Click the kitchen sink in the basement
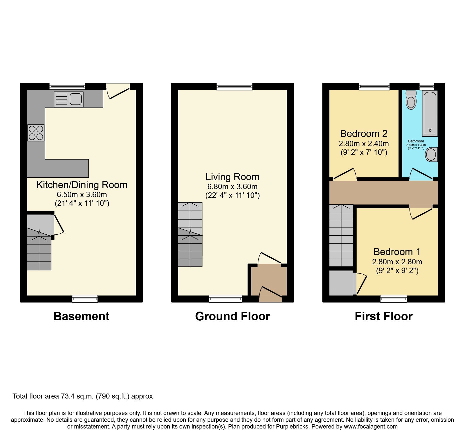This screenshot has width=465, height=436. pyautogui.click(x=69, y=99)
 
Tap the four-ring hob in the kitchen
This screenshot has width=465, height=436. pyautogui.click(x=36, y=133)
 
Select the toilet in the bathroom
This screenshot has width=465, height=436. pyautogui.click(x=411, y=100)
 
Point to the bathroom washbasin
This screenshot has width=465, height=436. pyautogui.click(x=431, y=154)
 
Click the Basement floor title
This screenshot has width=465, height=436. pyautogui.click(x=81, y=316)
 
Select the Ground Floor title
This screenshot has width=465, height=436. pyautogui.click(x=232, y=316)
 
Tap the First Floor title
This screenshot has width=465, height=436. pyautogui.click(x=383, y=316)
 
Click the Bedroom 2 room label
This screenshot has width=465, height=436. pyautogui.click(x=364, y=134)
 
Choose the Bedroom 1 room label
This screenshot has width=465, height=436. pyautogui.click(x=397, y=252)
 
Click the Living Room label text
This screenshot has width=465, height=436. pyautogui.click(x=232, y=177)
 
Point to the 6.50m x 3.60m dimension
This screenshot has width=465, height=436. pyautogui.click(x=82, y=194)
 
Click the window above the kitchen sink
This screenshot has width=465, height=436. pyautogui.click(x=67, y=86)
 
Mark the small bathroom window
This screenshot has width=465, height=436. pyautogui.click(x=426, y=86)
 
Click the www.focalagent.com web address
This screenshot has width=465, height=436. pyautogui.click(x=371, y=427)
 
